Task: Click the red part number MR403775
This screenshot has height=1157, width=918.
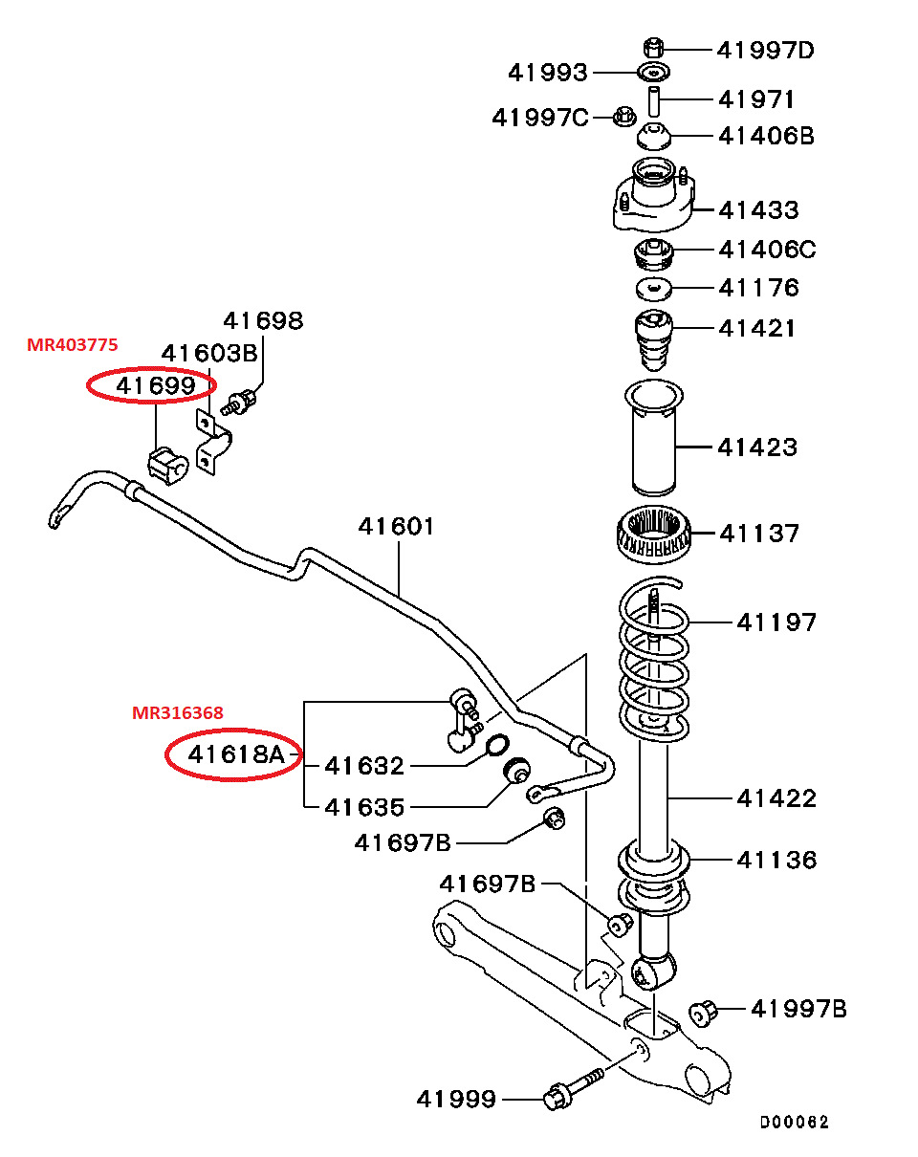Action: (x=73, y=345)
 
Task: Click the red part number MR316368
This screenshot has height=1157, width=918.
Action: (x=178, y=713)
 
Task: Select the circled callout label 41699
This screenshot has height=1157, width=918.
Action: (x=155, y=385)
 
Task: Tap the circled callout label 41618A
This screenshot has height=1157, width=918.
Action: (x=235, y=755)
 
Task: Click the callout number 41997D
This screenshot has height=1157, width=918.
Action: (x=765, y=49)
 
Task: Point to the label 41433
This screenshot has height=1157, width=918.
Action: (x=758, y=209)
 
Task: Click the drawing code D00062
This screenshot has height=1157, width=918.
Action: (x=795, y=1123)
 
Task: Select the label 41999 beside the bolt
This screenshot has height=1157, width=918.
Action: (x=456, y=1100)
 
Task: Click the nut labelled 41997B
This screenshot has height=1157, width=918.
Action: (x=704, y=1011)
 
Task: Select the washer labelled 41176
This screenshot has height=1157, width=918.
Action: (x=653, y=289)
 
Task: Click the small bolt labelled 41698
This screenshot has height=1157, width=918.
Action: (x=243, y=403)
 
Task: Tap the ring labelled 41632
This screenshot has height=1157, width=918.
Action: (x=497, y=746)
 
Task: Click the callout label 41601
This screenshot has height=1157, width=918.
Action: (x=396, y=526)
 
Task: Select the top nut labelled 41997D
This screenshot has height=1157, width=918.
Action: (x=654, y=47)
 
